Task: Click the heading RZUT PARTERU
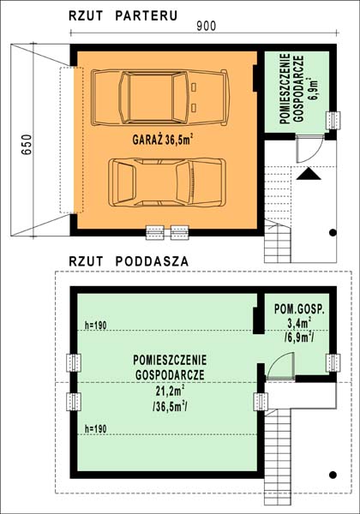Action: click(123, 15)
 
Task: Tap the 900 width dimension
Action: click(207, 26)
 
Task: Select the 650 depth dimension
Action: click(27, 144)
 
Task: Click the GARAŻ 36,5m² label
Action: click(162, 140)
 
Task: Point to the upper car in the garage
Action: click(159, 98)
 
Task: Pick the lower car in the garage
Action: click(167, 182)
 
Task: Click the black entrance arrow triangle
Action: click(309, 174)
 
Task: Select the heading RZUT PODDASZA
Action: click(129, 261)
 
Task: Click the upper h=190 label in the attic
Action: click(96, 326)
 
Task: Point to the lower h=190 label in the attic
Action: click(96, 429)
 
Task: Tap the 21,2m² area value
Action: click(170, 391)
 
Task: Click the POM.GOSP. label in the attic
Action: click(299, 309)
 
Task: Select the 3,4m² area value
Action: click(299, 323)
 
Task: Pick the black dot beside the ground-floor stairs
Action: click(333, 232)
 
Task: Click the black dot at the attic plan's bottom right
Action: click(333, 475)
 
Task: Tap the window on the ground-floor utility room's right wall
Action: click(333, 120)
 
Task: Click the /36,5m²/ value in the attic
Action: click(170, 407)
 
